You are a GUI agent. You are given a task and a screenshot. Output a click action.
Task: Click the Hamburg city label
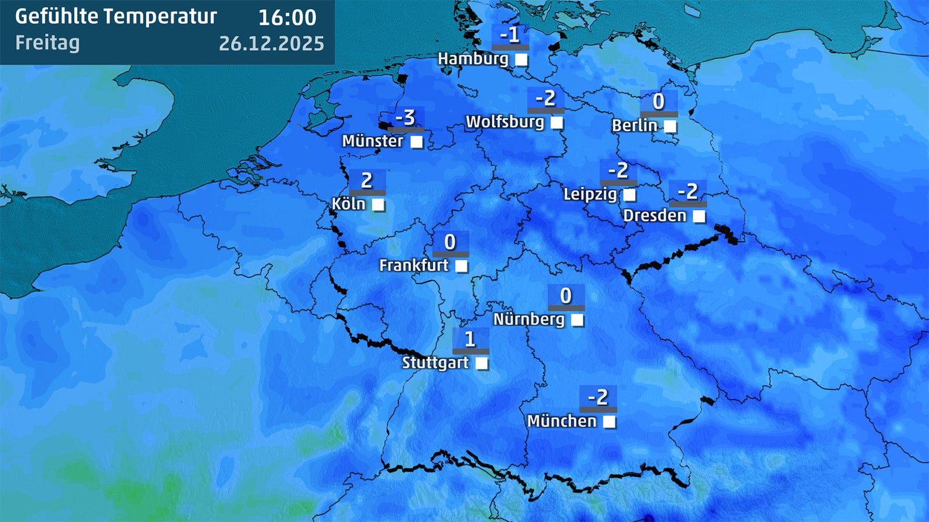tap(473, 59)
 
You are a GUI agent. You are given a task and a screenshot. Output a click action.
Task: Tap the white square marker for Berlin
tap(670, 126)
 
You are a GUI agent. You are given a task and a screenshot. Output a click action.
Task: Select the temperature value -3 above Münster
tap(405, 118)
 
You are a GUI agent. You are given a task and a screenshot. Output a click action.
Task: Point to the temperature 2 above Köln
tap(366, 180)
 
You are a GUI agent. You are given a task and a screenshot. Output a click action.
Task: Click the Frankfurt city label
tap(413, 266)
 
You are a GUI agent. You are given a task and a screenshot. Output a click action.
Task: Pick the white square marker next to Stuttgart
tap(481, 364)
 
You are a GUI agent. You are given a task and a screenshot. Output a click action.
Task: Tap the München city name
tap(561, 421)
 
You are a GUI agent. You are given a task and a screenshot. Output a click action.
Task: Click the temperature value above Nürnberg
tap(566, 296)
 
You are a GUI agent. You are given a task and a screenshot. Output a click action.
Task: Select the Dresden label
tap(654, 216)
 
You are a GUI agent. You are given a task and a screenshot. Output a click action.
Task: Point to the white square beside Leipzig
tap(629, 195)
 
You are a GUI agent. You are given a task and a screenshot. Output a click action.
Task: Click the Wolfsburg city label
tap(505, 122)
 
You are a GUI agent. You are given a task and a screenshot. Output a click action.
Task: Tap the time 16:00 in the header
tap(287, 17)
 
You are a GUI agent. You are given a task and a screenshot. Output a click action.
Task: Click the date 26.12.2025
tap(271, 43)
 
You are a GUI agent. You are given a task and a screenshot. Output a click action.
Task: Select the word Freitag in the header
tap(48, 43)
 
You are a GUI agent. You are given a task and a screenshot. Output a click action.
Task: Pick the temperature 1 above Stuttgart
tap(470, 339)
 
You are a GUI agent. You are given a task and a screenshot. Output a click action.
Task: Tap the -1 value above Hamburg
tap(510, 35)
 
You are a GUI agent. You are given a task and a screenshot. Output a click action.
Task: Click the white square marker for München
tap(609, 422)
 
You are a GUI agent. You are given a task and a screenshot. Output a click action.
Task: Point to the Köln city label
tap(348, 204)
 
